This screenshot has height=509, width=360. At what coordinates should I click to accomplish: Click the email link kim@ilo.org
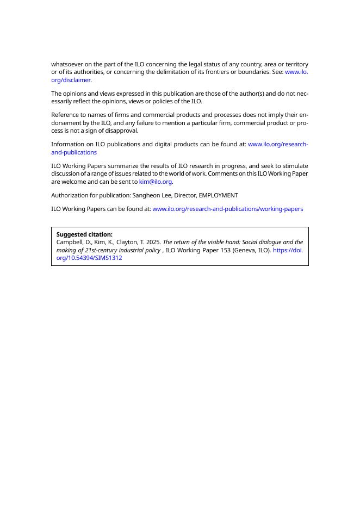point(156,182)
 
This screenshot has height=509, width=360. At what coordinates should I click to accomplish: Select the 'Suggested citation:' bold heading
point(84,234)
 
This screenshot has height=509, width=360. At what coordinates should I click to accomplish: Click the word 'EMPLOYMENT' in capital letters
point(219,195)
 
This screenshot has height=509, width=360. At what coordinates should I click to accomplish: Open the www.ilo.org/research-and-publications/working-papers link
point(227,209)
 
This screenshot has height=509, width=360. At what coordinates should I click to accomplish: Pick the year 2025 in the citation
point(154,242)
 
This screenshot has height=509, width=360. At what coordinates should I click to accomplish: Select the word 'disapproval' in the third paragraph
point(122,131)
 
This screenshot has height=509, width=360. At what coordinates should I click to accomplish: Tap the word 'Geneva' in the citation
point(235,250)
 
